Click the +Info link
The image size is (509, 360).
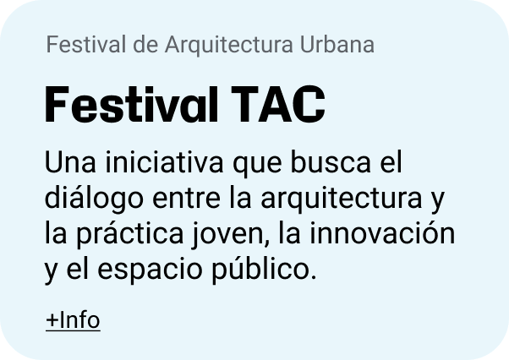(x=73, y=320)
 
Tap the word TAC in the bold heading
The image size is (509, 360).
(x=278, y=105)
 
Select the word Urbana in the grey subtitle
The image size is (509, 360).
(x=337, y=44)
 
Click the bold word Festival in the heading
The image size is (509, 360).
(x=131, y=105)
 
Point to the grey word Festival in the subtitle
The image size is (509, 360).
(x=85, y=44)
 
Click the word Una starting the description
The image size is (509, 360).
(x=70, y=162)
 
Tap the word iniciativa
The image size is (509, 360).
(x=164, y=161)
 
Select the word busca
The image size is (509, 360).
(x=330, y=161)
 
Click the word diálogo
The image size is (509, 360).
(x=94, y=199)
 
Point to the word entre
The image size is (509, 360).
(x=186, y=199)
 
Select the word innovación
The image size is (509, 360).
(x=382, y=233)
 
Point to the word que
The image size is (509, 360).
(x=257, y=165)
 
